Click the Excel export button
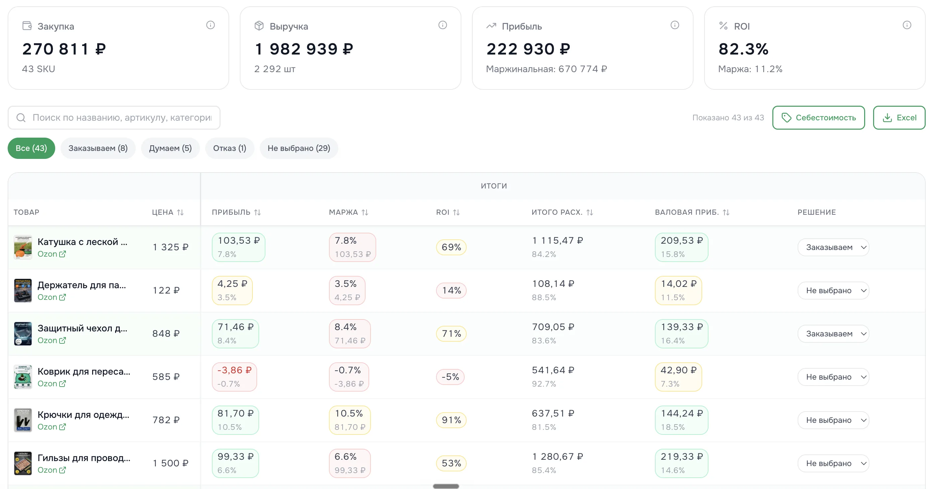click(899, 118)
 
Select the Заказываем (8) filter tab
click(98, 148)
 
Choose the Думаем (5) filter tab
click(170, 148)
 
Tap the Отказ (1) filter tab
click(230, 148)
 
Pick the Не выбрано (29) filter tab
click(299, 148)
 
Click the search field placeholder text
click(122, 118)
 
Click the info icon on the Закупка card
click(211, 25)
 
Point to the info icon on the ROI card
click(907, 25)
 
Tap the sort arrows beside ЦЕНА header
click(180, 212)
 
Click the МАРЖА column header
click(343, 212)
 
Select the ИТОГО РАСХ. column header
click(557, 212)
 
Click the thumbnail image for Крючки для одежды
click(23, 420)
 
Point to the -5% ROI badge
click(450, 377)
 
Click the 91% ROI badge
click(451, 420)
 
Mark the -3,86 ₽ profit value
click(234, 370)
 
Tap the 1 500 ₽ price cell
click(171, 463)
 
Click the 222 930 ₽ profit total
click(528, 49)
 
